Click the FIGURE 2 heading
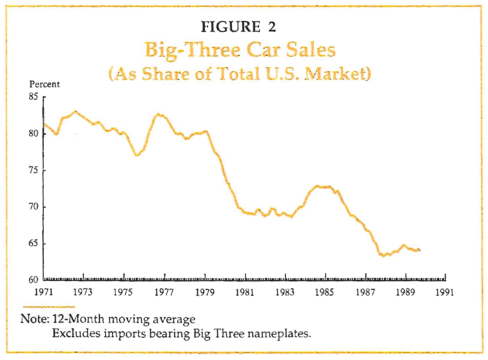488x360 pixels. point(238,27)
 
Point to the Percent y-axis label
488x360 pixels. point(45,85)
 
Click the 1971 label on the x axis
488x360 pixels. point(44,292)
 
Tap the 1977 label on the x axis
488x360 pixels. point(164,292)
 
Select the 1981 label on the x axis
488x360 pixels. point(244,292)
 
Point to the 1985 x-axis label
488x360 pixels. point(325,292)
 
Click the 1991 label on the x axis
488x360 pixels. point(445,292)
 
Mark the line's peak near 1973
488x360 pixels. point(76,111)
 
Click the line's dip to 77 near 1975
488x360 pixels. point(137,155)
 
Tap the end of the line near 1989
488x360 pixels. point(419,250)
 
